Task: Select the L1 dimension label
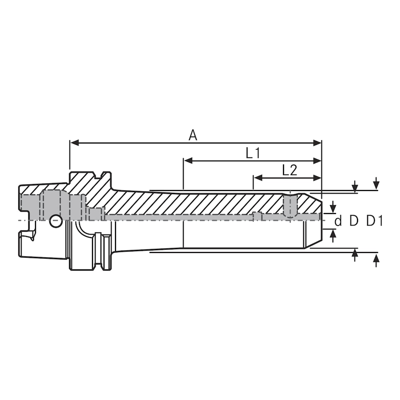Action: click(x=252, y=153)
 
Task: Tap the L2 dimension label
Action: click(x=289, y=170)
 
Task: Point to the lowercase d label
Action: click(x=338, y=220)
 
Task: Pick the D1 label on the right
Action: click(x=374, y=220)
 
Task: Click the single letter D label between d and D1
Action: click(x=354, y=220)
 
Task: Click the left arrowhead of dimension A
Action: click(x=73, y=142)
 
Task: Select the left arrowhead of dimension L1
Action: click(x=187, y=161)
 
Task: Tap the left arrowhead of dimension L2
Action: click(x=257, y=177)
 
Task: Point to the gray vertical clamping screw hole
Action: click(x=289, y=205)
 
